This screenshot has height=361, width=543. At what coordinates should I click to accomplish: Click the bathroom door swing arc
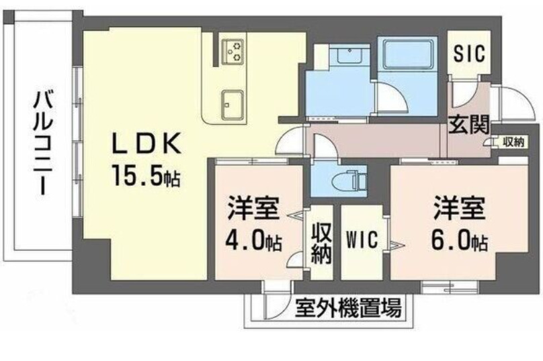391,99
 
